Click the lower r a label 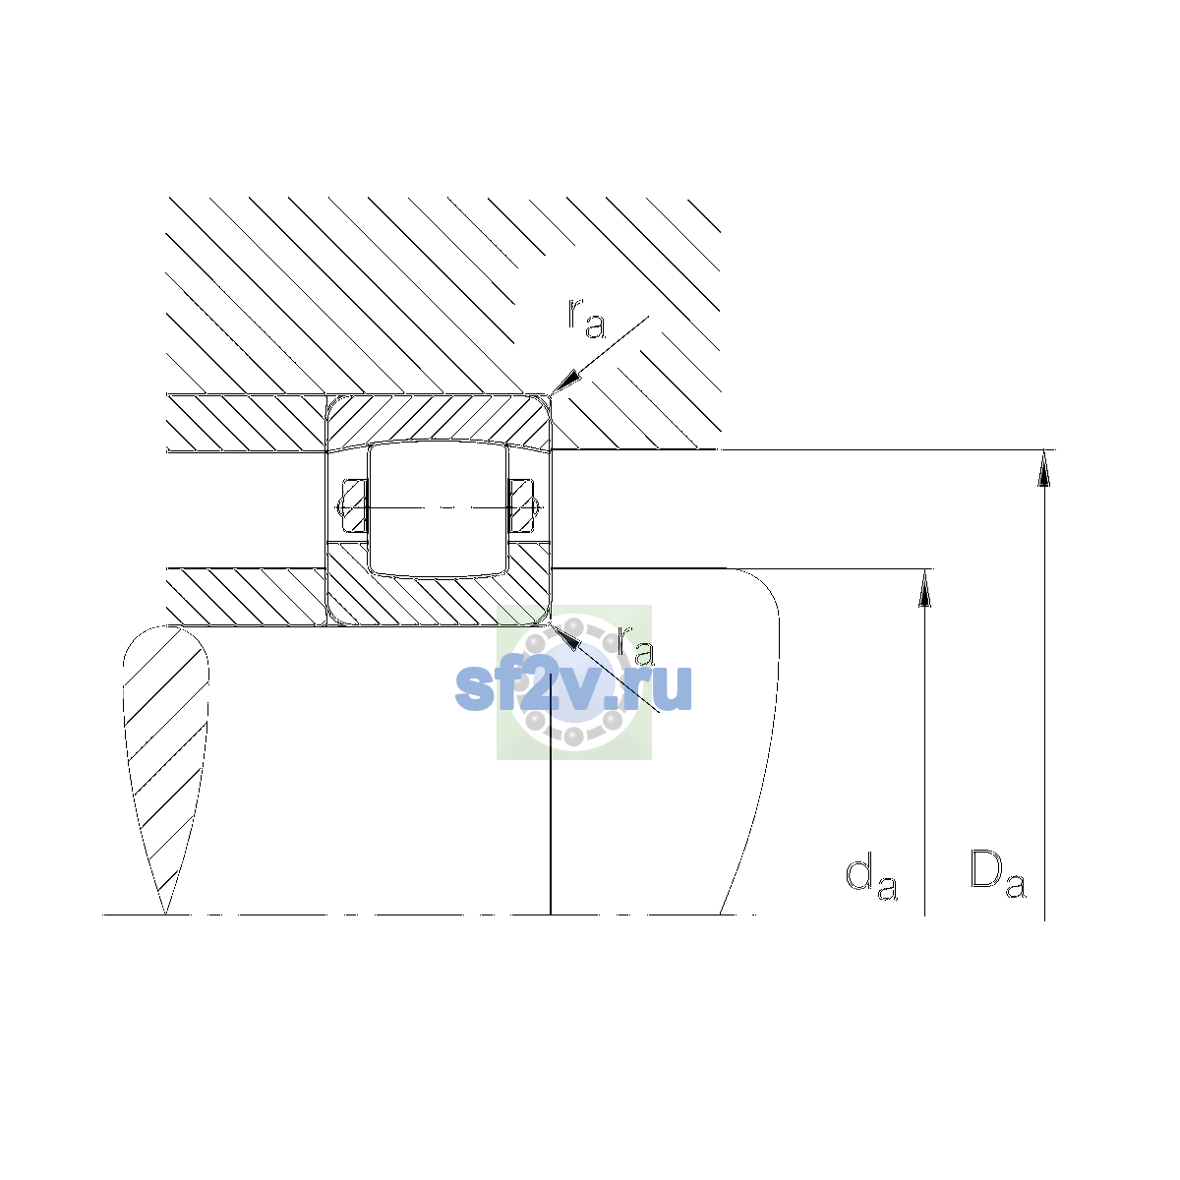(x=636, y=646)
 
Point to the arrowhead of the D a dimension (x=1044, y=468)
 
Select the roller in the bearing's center (x=438, y=507)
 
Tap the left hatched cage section (x=354, y=506)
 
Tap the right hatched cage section (x=522, y=506)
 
